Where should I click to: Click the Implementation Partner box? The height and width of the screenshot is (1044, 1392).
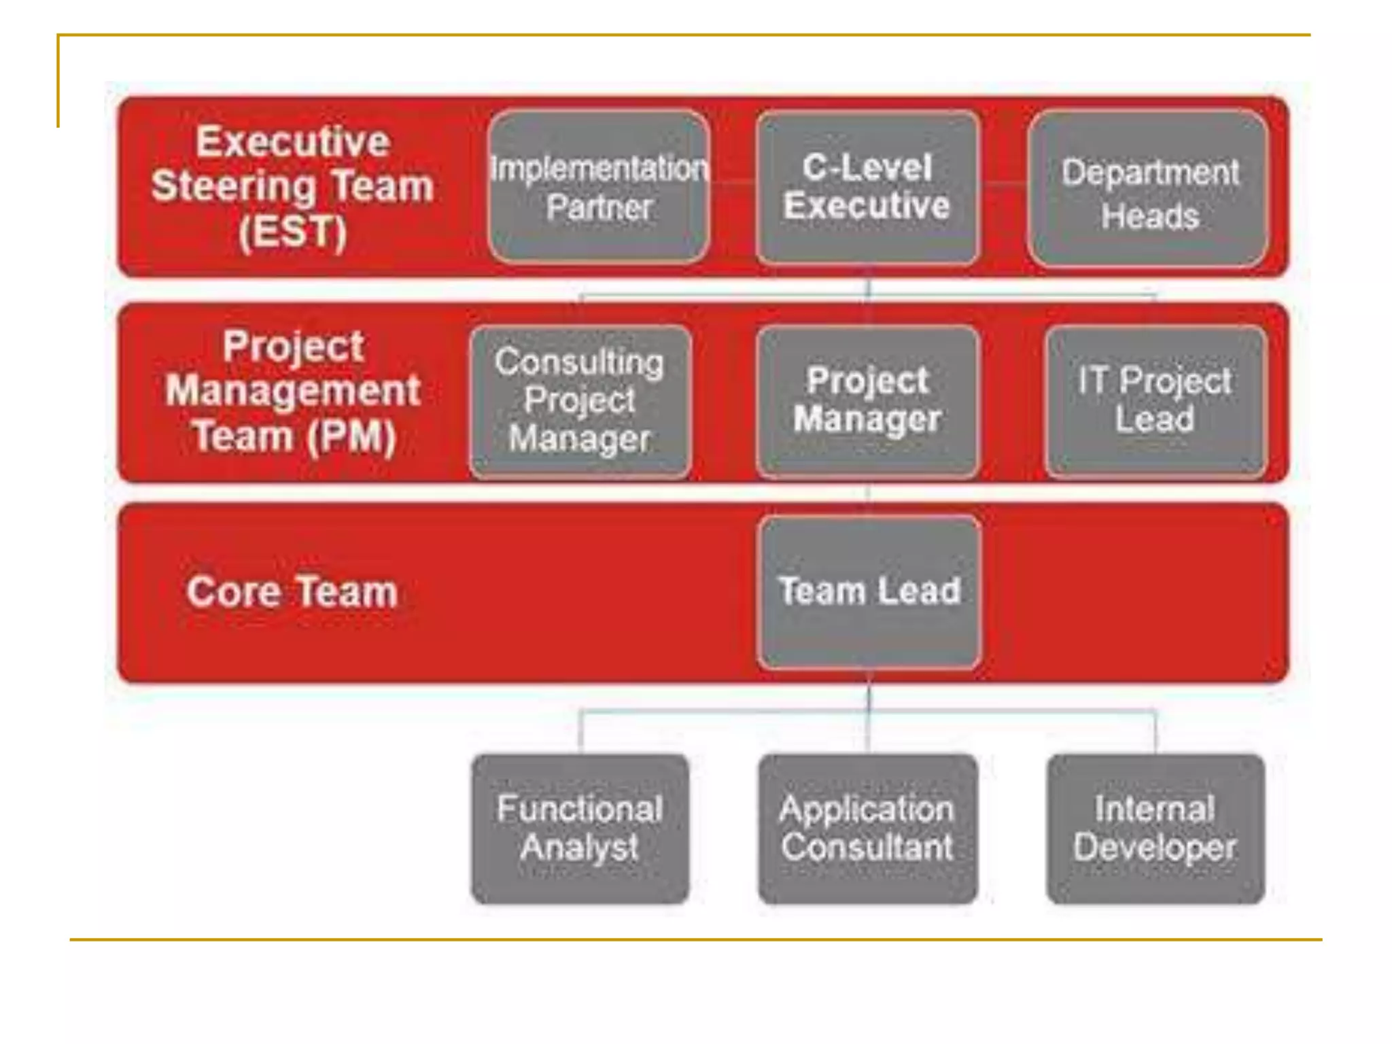(x=599, y=187)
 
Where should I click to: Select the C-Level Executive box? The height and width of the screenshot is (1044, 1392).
(x=867, y=187)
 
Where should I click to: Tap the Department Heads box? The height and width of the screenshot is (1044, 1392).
(x=1149, y=190)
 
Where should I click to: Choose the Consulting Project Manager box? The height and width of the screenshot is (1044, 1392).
(x=580, y=401)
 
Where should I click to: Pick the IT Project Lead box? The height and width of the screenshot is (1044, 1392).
(x=1155, y=401)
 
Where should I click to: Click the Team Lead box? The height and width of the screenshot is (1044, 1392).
(x=869, y=591)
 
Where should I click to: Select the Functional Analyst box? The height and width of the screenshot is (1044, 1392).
(x=580, y=829)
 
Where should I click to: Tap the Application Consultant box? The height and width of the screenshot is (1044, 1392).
(x=868, y=829)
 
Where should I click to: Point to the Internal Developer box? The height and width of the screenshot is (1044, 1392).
(x=1155, y=829)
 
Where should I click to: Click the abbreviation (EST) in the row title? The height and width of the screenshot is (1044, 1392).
(x=293, y=232)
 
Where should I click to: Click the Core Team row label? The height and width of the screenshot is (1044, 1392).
(x=292, y=591)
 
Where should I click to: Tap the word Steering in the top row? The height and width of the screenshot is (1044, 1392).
(x=233, y=186)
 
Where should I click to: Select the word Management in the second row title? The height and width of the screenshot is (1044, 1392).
(x=293, y=391)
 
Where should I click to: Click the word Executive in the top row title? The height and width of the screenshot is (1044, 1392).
(x=293, y=141)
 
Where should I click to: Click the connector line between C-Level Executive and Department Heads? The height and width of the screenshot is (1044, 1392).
(x=1004, y=183)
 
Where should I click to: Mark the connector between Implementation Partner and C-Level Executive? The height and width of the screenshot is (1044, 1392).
(x=733, y=182)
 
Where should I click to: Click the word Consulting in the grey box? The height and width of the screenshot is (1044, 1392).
(x=579, y=362)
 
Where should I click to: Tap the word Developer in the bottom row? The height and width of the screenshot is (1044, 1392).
(x=1155, y=848)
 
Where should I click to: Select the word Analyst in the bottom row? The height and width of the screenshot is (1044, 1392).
(x=580, y=848)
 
